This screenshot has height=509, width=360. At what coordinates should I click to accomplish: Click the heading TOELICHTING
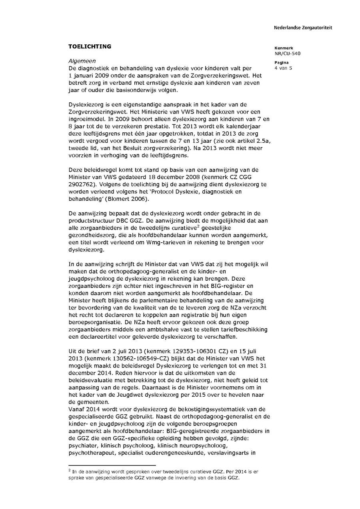[x=90, y=46]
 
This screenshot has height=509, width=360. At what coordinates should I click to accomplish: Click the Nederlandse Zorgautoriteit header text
[x=303, y=28]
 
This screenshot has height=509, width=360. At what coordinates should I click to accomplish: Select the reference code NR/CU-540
[x=287, y=53]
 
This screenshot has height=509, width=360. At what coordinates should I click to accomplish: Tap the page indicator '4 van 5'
[x=283, y=68]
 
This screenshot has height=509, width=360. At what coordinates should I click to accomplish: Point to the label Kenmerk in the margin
[x=284, y=48]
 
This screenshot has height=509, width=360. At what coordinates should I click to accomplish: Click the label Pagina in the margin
[x=282, y=63]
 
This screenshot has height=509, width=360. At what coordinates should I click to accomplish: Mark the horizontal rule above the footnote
[x=112, y=465]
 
